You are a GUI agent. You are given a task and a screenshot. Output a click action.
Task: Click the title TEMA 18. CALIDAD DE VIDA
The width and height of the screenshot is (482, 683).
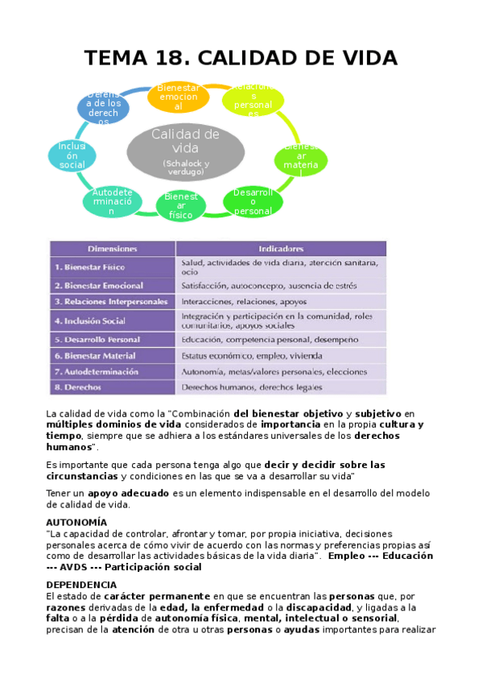[x=241, y=58]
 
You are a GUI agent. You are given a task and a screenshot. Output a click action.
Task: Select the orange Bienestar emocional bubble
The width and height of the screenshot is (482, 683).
[x=178, y=97]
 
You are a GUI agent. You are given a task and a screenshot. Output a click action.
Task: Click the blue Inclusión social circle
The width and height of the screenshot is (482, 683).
[x=72, y=155]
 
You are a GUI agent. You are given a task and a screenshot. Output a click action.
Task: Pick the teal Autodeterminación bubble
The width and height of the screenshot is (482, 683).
[x=113, y=201]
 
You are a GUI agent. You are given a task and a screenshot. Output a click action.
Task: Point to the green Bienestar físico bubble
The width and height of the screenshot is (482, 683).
[x=180, y=205]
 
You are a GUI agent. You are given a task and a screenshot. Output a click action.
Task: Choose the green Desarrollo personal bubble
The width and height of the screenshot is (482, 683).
[x=253, y=201]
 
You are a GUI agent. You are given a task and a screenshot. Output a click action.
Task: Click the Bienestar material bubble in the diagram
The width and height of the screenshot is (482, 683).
[x=300, y=160]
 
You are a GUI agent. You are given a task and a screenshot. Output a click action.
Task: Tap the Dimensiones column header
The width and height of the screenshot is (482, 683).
[x=113, y=249]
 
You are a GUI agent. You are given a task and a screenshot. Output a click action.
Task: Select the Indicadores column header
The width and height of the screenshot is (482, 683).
[x=281, y=249]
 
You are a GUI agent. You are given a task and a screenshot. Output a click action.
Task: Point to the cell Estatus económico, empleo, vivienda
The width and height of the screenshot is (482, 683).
[x=252, y=355]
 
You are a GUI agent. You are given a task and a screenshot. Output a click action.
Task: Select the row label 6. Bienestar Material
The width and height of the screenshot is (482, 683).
[x=95, y=355]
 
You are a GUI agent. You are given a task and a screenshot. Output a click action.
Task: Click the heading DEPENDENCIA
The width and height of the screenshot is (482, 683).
[x=81, y=584]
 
